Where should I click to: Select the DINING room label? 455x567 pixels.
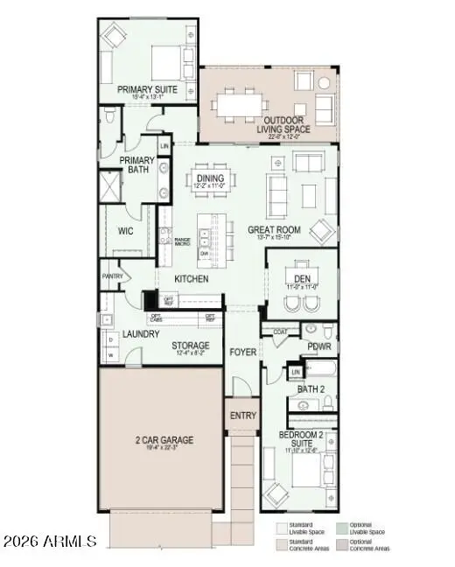(x=211, y=178)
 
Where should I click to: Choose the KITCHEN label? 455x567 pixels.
(x=191, y=279)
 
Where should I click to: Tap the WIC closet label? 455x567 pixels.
(x=125, y=232)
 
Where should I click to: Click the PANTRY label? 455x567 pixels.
(x=112, y=276)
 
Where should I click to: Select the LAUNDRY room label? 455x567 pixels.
(x=140, y=334)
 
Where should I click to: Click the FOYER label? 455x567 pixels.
(x=242, y=353)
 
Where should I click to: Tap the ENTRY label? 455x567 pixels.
(x=242, y=416)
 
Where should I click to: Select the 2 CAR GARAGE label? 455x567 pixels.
(x=164, y=439)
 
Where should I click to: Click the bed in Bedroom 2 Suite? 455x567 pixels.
(x=308, y=478)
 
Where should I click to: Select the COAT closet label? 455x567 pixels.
(x=281, y=332)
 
